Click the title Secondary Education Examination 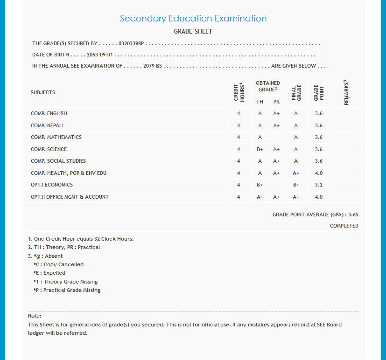click(193, 19)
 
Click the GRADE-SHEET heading click(193, 32)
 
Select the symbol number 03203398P click(131, 43)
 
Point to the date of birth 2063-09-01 click(100, 55)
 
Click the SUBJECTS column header click(43, 92)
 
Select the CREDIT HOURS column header click(239, 92)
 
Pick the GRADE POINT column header click(319, 92)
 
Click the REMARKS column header click(346, 92)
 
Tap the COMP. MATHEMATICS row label click(56, 137)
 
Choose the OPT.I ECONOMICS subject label click(52, 185)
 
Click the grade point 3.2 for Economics click(319, 185)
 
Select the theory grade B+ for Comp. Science click(260, 149)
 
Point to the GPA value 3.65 click(353, 215)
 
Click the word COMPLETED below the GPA click(344, 226)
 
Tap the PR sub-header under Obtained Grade click(276, 102)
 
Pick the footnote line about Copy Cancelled click(58, 264)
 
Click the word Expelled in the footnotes click(54, 273)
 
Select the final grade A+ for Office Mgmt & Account click(296, 197)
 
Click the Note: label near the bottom click(35, 316)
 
